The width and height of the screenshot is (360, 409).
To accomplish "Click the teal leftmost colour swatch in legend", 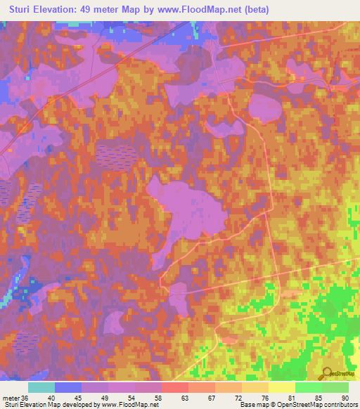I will [x=41, y=387].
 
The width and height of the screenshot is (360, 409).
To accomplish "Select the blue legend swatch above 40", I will [x=68, y=387].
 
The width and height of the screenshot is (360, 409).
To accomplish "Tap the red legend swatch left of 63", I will [x=175, y=387].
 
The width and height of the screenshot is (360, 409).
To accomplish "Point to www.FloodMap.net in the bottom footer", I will [x=129, y=405].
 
